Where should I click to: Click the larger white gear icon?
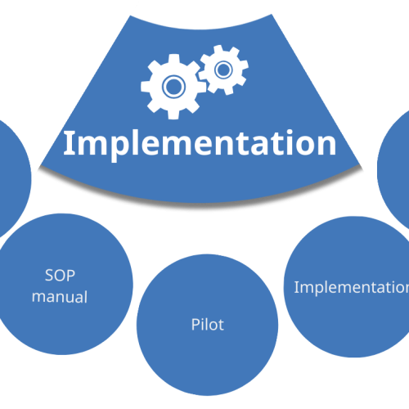[x=173, y=87]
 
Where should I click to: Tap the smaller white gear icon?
[x=223, y=70]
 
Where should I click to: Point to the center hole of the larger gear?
[x=173, y=87]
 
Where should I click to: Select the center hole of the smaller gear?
[x=223, y=70]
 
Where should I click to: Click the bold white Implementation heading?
[x=200, y=146]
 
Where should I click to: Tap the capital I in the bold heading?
[x=69, y=143]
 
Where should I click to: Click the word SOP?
[x=60, y=276]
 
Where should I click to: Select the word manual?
[x=60, y=297]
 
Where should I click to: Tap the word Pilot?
[x=208, y=325]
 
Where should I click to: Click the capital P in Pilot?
[x=196, y=325]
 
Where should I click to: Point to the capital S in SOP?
[x=49, y=276]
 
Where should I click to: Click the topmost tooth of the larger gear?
[x=173, y=58]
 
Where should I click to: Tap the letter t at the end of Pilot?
[x=221, y=326]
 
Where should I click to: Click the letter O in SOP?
[x=60, y=276]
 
